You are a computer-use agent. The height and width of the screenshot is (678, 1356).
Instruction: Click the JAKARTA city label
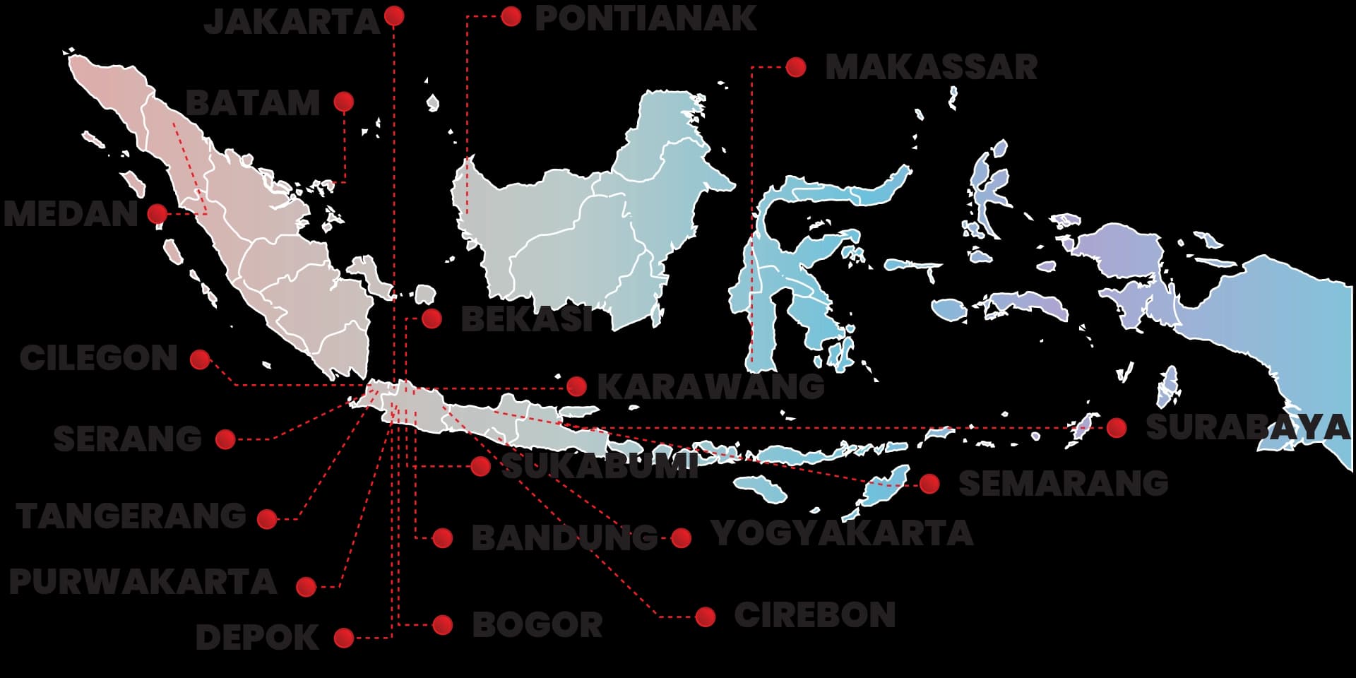click(292, 22)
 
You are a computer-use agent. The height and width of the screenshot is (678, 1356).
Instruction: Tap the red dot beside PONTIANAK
click(511, 16)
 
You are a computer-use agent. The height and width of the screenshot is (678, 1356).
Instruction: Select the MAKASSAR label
click(931, 68)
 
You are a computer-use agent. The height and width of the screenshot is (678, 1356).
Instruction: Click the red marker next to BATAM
click(344, 102)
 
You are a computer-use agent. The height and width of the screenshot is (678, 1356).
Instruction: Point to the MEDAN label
click(71, 214)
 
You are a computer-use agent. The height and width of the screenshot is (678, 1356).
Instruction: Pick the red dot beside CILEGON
click(201, 359)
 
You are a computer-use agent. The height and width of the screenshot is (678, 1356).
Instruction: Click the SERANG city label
click(128, 439)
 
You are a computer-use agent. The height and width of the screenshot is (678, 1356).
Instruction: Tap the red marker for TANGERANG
click(267, 520)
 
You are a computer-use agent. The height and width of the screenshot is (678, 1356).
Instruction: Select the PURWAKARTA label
click(143, 583)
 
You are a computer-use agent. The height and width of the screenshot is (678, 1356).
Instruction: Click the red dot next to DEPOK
click(344, 638)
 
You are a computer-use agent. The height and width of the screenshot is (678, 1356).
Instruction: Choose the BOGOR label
click(537, 625)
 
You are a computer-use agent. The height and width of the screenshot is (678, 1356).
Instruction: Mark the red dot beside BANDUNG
click(443, 538)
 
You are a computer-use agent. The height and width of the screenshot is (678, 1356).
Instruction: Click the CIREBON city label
click(815, 615)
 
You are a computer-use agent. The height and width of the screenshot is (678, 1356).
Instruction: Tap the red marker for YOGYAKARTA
click(682, 538)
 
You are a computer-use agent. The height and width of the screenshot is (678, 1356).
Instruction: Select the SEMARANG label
click(1063, 484)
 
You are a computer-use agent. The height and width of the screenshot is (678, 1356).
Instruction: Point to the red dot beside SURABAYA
click(1117, 427)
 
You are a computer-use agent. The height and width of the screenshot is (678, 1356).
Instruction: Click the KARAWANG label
click(710, 387)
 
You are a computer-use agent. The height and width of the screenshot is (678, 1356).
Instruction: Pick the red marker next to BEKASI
click(432, 319)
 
